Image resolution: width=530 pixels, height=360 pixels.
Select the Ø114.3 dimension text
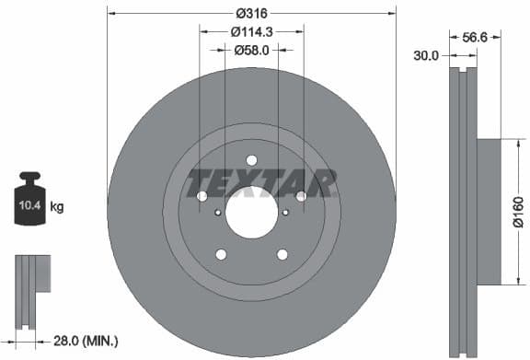tap(251, 32)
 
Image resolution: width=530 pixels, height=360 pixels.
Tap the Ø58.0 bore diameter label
tap(251, 51)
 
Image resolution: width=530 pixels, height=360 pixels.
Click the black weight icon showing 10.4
tap(29, 203)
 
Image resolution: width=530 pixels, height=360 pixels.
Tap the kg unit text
tap(57, 207)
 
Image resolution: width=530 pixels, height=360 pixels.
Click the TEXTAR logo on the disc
tap(261, 183)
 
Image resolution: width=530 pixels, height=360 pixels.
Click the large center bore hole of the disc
tap(251, 215)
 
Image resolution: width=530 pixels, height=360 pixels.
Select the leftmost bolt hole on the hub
tap(202, 196)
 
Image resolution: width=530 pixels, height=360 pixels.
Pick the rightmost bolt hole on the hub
tap(301, 196)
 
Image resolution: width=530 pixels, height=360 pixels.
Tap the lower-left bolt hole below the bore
tap(221, 254)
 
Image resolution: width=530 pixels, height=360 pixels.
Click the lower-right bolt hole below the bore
tap(282, 254)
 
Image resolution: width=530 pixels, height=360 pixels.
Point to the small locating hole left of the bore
tap(218, 213)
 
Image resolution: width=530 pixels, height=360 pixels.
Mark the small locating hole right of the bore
tap(285, 213)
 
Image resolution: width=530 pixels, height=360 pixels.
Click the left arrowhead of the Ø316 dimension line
tap(110, 12)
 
